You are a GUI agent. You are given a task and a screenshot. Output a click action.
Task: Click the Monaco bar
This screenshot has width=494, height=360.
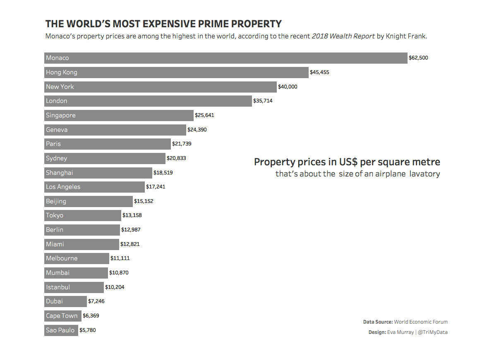click(x=225, y=58)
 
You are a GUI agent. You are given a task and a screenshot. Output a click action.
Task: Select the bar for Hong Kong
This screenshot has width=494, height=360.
click(x=176, y=72)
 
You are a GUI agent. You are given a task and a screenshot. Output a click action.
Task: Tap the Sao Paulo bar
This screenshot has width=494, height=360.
click(x=61, y=330)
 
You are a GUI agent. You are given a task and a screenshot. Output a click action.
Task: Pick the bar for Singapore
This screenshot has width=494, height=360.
click(x=119, y=115)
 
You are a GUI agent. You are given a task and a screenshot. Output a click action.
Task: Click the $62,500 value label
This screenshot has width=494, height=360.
click(x=418, y=58)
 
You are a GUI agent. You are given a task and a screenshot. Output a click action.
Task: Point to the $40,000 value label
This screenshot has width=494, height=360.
click(x=288, y=87)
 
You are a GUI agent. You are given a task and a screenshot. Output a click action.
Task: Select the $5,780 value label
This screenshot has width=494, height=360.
click(x=87, y=330)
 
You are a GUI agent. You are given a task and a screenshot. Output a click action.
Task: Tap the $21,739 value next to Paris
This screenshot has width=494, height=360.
click(x=182, y=144)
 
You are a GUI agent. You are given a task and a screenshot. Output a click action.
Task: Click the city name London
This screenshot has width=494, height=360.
click(x=57, y=101)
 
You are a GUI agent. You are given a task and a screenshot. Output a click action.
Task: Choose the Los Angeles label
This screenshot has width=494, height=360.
click(x=63, y=187)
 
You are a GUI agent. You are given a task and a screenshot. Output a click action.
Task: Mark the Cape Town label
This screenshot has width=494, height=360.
click(x=62, y=316)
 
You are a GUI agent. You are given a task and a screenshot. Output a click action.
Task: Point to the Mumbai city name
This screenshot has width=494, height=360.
click(x=58, y=273)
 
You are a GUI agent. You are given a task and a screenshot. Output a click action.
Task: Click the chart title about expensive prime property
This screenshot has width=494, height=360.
click(x=163, y=24)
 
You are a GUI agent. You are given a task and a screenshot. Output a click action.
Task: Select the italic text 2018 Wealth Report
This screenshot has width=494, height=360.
click(x=343, y=36)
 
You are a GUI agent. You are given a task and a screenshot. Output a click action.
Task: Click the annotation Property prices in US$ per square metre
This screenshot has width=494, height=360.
click(x=347, y=162)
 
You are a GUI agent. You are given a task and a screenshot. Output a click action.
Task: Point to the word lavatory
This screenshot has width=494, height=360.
click(x=424, y=174)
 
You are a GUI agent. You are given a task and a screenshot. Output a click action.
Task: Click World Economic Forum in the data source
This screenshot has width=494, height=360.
click(x=421, y=322)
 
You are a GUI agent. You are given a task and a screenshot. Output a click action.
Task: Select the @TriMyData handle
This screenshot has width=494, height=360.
click(x=432, y=332)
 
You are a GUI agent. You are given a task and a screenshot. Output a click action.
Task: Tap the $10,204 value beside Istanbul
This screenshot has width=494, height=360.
click(x=115, y=287)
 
